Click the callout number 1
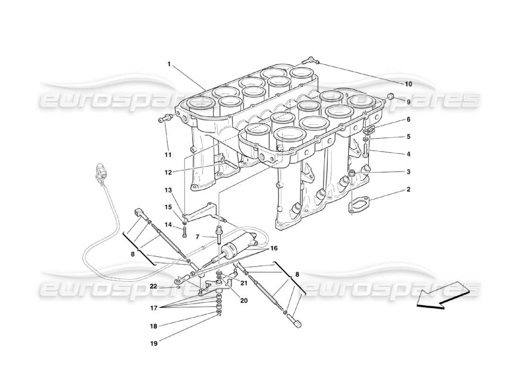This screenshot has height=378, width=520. point(169,64)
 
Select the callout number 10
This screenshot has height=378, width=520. point(408,84)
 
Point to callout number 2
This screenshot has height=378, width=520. point(408,190)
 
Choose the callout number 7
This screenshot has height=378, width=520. point(198,236)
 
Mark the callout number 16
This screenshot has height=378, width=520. point(274,248)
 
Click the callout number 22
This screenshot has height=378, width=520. point(154,286)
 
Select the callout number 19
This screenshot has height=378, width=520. point(154,344)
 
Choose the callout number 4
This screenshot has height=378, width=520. point(408,154)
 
